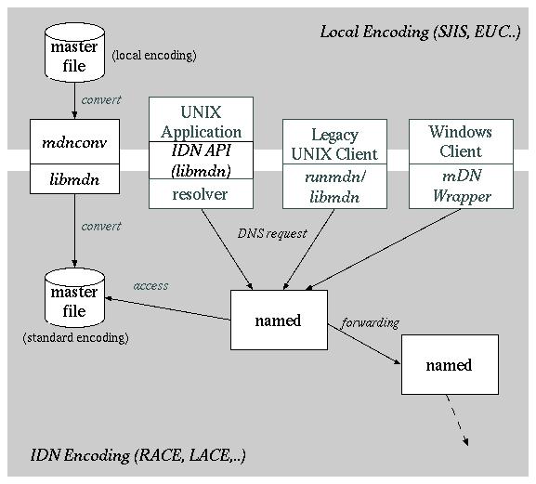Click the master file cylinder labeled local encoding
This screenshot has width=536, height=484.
[74, 56]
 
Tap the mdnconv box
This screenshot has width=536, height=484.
[74, 142]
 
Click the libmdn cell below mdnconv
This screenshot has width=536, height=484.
[74, 179]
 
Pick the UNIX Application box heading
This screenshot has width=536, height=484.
[201, 122]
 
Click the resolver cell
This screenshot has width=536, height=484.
[201, 194]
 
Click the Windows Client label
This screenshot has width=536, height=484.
[462, 141]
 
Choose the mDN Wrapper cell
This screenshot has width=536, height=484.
[462, 187]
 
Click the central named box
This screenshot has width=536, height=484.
[279, 320]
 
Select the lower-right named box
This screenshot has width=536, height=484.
[449, 365]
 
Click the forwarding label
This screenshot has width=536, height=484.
[370, 323]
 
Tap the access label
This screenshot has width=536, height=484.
[150, 285]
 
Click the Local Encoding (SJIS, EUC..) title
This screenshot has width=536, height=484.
[420, 32]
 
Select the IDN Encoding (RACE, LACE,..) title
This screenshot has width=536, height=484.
[137, 455]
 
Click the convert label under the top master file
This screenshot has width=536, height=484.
[100, 99]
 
